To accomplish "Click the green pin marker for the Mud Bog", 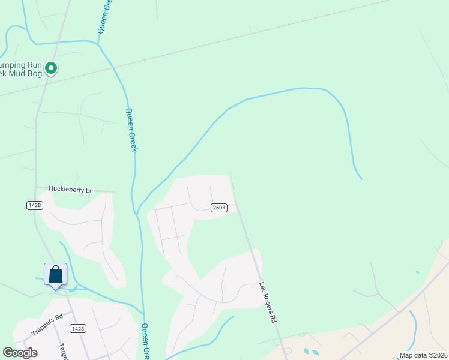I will [52, 69].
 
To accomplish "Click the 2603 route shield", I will [218, 208].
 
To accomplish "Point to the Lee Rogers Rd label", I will [267, 302].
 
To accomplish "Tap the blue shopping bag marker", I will [55, 275].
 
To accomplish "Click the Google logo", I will [20, 353].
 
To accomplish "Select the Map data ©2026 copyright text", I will [423, 355].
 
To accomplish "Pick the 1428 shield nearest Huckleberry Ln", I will [34, 205].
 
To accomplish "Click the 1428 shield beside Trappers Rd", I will [77, 328].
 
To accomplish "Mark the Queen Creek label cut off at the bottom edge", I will [145, 341].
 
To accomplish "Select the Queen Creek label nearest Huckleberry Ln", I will [131, 129].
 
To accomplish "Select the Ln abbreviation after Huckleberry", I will [89, 190].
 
